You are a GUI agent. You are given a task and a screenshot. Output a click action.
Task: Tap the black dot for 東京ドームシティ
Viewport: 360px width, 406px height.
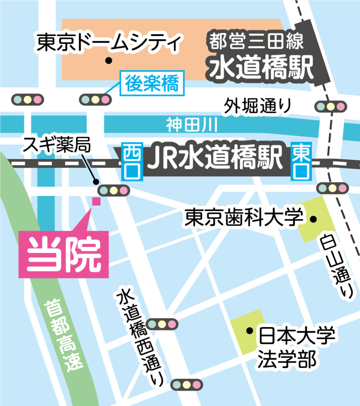coord(107,61)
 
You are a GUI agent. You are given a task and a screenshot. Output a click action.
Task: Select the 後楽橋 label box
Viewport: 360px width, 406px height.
coord(153,84)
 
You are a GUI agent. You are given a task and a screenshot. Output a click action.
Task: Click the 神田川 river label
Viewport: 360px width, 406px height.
coord(192,126)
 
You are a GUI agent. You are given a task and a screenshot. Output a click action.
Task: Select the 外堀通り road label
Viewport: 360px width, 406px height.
coord(257,106)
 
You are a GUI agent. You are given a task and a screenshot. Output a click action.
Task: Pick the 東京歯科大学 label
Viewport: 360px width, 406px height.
coord(244,218)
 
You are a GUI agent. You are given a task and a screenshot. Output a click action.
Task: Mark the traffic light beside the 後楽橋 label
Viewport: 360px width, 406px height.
coord(95,100)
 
